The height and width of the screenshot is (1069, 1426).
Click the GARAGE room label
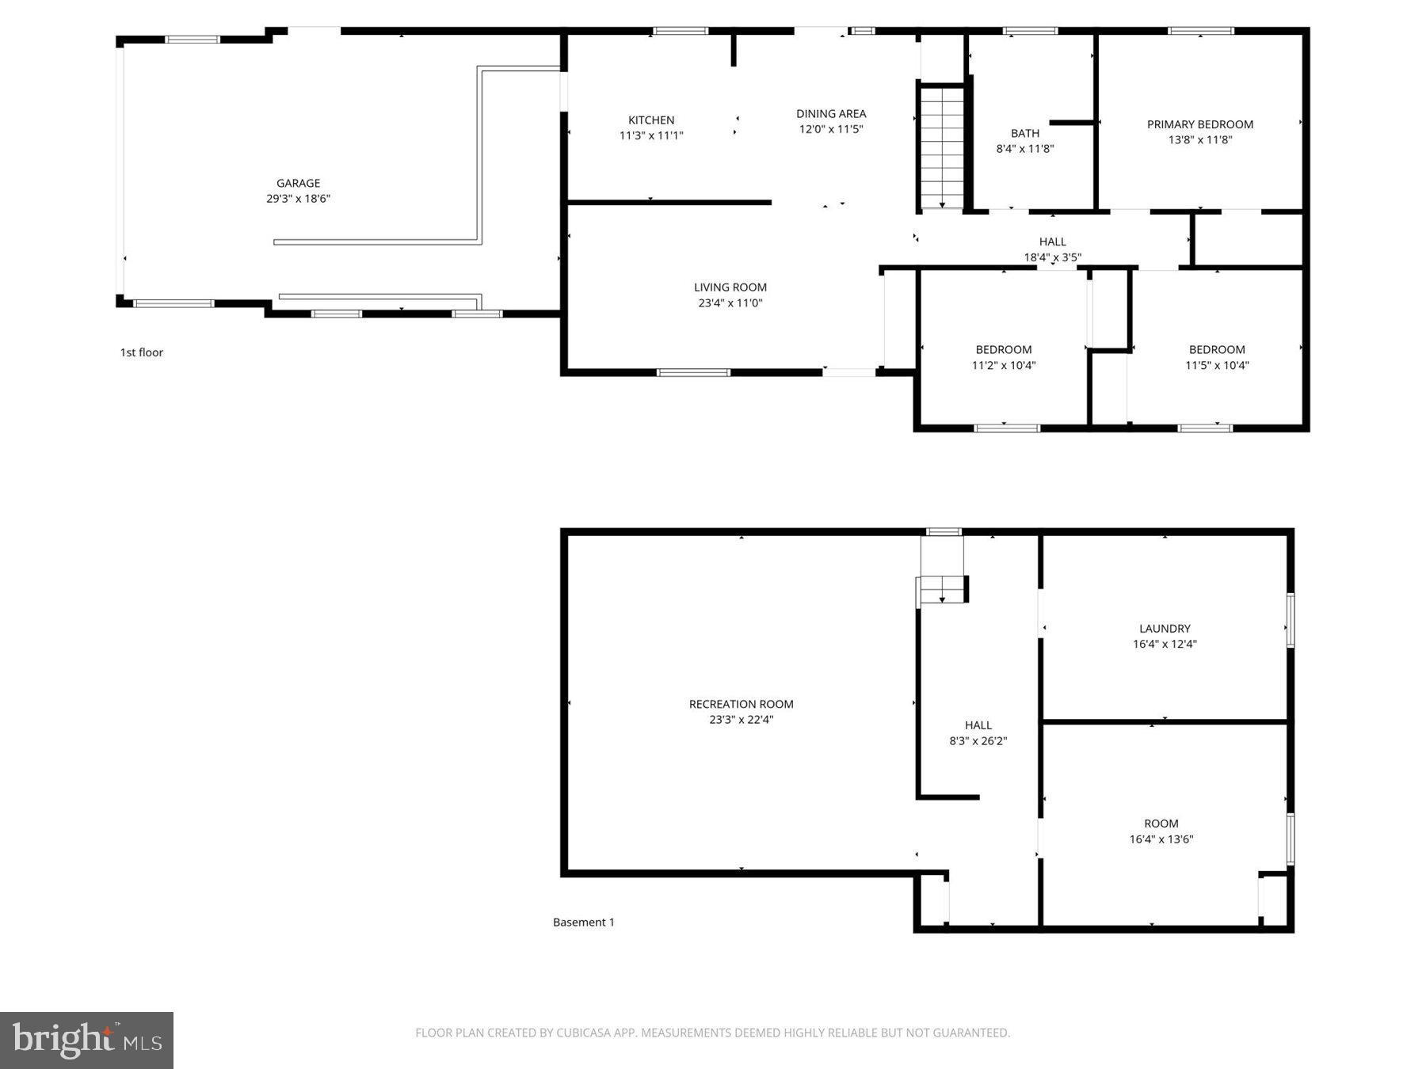[298, 183]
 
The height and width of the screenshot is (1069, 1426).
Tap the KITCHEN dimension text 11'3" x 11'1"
[650, 135]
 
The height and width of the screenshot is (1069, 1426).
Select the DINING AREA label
[830, 114]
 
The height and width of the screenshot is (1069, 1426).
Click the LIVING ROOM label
[730, 287]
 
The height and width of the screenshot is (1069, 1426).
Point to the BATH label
[1024, 133]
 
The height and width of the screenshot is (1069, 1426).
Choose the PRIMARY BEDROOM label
[1199, 124]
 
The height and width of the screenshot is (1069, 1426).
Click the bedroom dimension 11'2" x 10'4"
[1003, 365]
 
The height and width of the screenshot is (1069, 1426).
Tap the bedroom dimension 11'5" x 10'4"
[1216, 365]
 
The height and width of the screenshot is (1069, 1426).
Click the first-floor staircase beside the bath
[942, 147]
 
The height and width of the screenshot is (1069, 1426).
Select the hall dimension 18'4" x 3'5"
[1051, 257]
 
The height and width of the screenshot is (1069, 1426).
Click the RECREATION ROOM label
[741, 704]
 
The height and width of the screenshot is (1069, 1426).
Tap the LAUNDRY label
[1164, 629]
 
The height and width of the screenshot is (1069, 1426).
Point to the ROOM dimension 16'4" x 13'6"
[1161, 839]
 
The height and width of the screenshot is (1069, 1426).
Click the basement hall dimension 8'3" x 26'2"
[978, 741]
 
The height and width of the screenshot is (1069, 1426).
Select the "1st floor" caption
[141, 352]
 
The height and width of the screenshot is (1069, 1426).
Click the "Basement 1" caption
[583, 922]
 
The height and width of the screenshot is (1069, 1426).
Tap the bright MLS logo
[86, 1040]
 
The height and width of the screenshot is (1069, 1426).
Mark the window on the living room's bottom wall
[692, 372]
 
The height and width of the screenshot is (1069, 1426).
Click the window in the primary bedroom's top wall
[1200, 31]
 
